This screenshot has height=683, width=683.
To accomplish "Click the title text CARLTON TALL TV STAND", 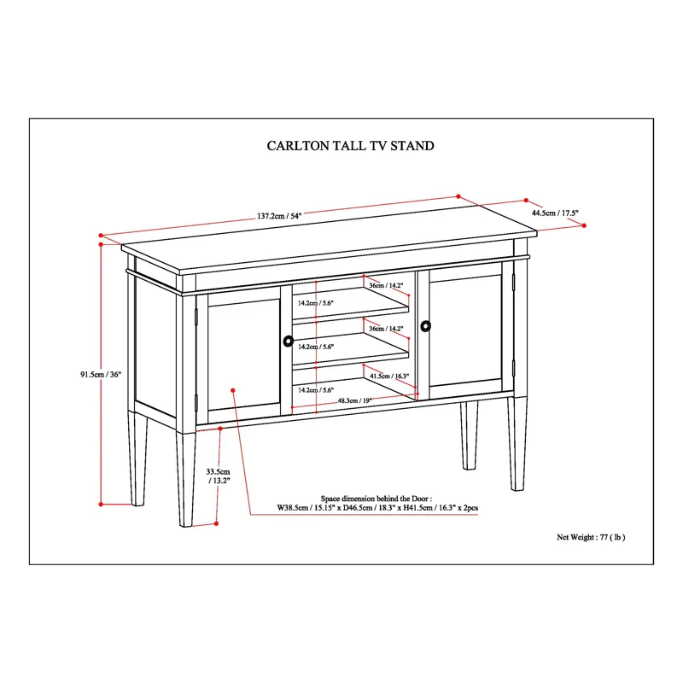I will (x=351, y=146).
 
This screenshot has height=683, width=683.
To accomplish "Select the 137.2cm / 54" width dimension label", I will (x=279, y=216).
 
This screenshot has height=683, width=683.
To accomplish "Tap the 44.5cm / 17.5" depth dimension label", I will (x=555, y=213).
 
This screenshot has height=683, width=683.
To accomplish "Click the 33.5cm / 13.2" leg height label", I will (x=219, y=476).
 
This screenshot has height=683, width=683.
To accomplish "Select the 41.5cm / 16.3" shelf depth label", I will (x=389, y=376).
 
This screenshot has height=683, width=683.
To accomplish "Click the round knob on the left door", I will (x=288, y=341).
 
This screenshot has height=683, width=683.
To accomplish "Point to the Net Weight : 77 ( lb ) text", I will (x=591, y=537).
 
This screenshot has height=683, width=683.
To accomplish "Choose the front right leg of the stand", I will (x=517, y=443).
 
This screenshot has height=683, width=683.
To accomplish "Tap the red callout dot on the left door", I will (x=232, y=389).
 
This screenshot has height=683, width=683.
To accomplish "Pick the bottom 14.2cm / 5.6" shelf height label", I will (x=315, y=389).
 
